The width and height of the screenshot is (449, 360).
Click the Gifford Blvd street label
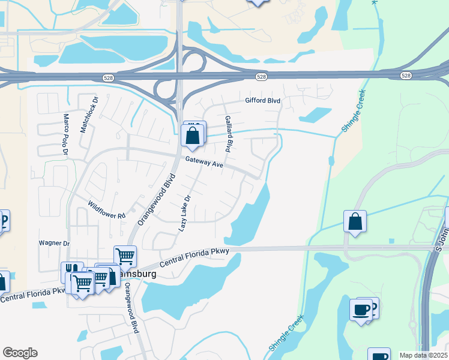[262, 101]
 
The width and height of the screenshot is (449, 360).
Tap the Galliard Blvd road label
[228, 134]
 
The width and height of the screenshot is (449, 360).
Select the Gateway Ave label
[204, 162]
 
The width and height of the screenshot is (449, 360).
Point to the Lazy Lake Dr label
[185, 214]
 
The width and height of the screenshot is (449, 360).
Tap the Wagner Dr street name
[54, 243]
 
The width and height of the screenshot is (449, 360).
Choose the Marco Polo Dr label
[66, 134]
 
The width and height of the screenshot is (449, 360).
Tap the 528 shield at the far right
[406, 76]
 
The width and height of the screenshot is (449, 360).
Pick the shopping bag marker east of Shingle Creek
[355, 221]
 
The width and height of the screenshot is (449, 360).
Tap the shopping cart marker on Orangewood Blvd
[125, 256]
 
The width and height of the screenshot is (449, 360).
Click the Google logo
[20, 353]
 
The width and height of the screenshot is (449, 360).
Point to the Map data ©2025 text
[423, 355]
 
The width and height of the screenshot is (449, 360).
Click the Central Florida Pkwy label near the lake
[194, 258]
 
